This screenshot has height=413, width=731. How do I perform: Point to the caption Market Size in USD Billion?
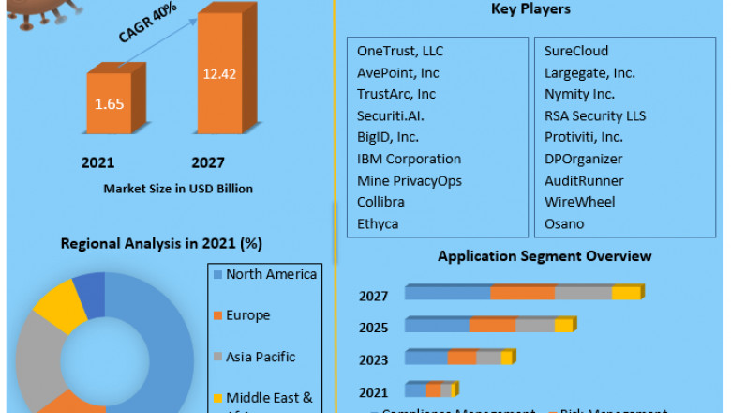[178, 189]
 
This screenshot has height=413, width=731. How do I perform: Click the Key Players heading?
[530, 9]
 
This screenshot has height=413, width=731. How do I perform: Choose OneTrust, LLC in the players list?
[399, 51]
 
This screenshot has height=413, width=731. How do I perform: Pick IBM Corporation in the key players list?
[409, 159]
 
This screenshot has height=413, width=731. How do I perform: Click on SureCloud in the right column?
[576, 51]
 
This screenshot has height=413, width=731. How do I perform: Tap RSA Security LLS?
[595, 115]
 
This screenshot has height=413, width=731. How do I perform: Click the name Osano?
[564, 223]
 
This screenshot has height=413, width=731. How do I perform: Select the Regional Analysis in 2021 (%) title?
[161, 243]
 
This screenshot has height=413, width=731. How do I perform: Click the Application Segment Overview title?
[545, 256]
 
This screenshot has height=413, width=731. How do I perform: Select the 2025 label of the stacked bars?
[373, 327]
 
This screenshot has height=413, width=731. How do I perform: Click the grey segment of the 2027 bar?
[583, 293]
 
